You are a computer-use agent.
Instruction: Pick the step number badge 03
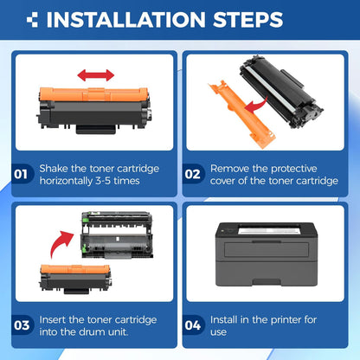point(22,326)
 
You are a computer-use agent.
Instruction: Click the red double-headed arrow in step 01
point(95,76)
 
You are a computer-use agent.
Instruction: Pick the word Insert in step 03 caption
point(56,318)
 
